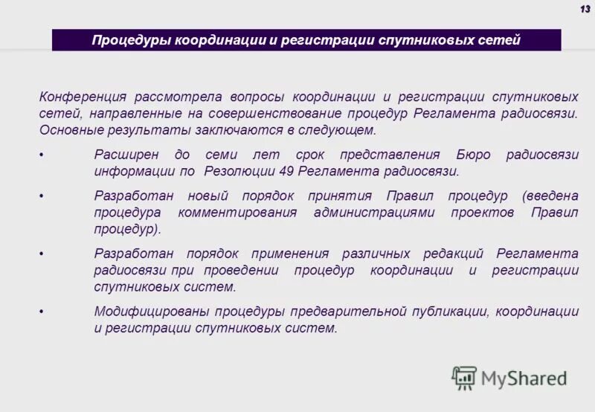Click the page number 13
(585, 8)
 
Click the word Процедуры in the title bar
(131, 39)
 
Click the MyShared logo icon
(464, 378)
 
